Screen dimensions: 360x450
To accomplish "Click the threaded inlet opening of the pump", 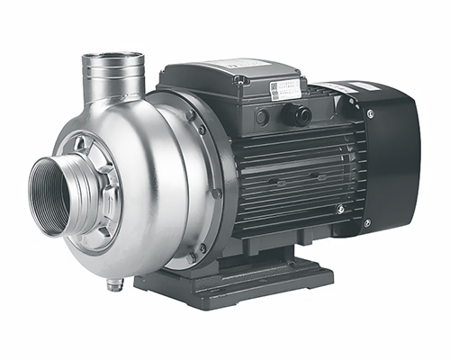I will pyautogui.click(x=56, y=195).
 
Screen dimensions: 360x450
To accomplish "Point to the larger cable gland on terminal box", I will pyautogui.click(x=298, y=114).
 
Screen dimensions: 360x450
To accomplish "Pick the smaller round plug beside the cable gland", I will pyautogui.click(x=262, y=116).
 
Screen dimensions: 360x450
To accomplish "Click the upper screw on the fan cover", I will pyautogui.click(x=369, y=113).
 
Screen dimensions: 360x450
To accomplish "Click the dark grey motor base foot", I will pyautogui.click(x=243, y=283).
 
